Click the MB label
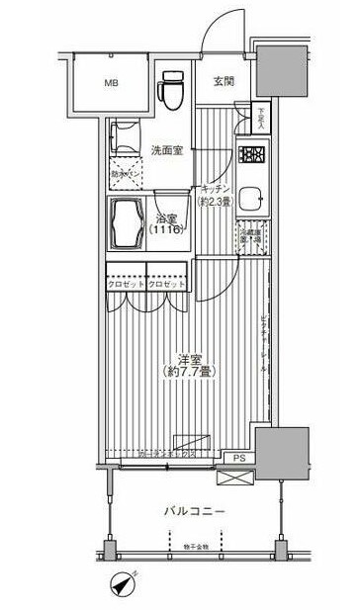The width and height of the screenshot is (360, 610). (112, 83)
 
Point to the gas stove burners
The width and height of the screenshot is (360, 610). (250, 155)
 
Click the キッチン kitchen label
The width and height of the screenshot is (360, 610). (215, 187)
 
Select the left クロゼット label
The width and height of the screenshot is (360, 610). (127, 285)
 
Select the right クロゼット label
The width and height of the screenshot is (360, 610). (168, 285)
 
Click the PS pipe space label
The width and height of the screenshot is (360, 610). (239, 459)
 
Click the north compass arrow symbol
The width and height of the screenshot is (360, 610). (123, 585)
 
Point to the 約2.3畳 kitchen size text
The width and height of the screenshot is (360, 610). (215, 202)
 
